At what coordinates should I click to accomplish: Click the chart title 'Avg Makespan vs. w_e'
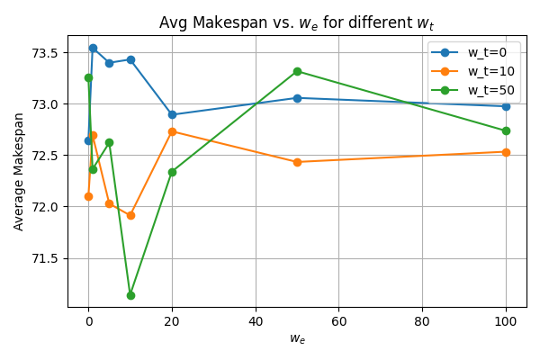pyautogui.click(x=297, y=22)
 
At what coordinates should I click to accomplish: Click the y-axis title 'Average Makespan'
pyautogui.click(x=19, y=171)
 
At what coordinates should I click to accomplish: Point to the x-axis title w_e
pyautogui.click(x=297, y=338)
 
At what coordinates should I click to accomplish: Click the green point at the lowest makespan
pyautogui.click(x=130, y=295)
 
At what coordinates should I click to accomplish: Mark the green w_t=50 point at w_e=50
pyautogui.click(x=297, y=71)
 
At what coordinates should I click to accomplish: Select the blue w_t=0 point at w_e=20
pyautogui.click(x=172, y=114)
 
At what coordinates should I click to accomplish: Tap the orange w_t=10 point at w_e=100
pyautogui.click(x=506, y=152)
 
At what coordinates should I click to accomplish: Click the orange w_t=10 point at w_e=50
pyautogui.click(x=297, y=162)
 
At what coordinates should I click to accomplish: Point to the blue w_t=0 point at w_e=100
pyautogui.click(x=506, y=106)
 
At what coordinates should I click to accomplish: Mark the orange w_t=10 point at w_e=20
pyautogui.click(x=172, y=131)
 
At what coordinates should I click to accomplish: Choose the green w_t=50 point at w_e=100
pyautogui.click(x=506, y=130)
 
